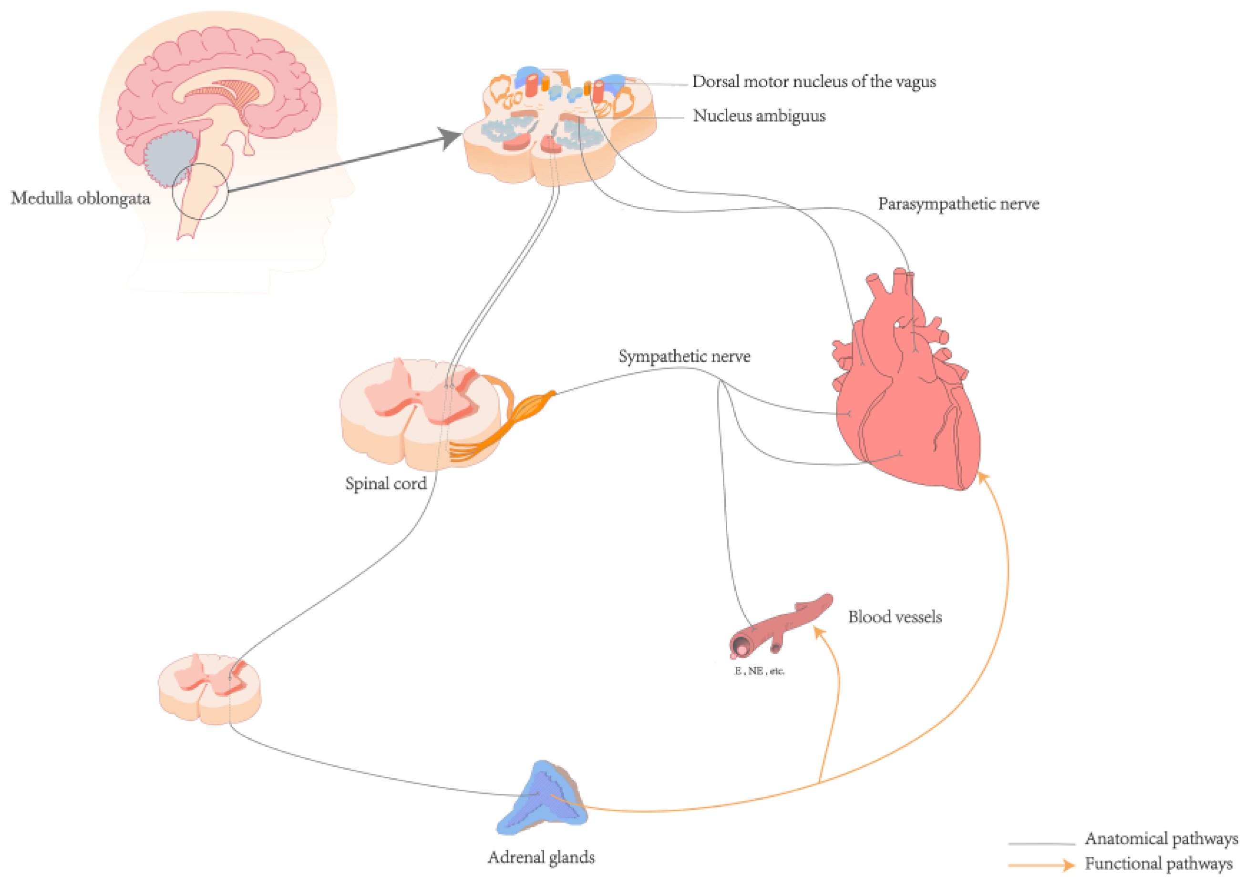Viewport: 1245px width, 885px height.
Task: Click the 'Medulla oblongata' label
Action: (80, 198)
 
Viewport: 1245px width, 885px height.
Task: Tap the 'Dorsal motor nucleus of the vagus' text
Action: (813, 82)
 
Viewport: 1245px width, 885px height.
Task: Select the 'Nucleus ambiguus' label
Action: (759, 116)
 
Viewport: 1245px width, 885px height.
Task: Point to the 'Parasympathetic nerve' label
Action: (958, 204)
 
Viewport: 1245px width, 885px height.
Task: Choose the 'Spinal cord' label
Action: (385, 483)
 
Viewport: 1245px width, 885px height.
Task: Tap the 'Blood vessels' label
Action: (895, 617)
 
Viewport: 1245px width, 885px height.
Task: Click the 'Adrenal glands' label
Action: (541, 857)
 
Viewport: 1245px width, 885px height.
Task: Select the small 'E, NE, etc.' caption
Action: (759, 671)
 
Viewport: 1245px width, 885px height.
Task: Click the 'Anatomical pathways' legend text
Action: (1161, 838)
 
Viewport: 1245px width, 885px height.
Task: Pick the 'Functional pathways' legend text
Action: (1158, 864)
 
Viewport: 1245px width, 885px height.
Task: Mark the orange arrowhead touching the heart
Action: (983, 478)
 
